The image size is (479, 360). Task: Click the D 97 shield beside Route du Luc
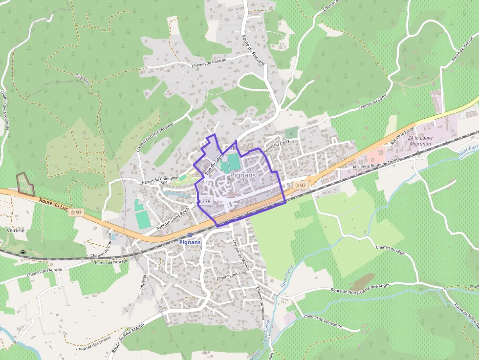pos(76,212)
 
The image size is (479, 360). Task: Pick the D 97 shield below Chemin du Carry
pos(300,186)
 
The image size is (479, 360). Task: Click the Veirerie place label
pos(16,230)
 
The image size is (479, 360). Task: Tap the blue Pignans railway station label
pos(191,242)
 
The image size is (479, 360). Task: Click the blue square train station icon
pos(190,235)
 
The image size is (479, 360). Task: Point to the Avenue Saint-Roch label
pos(173,220)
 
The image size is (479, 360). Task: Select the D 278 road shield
pos(204,201)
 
